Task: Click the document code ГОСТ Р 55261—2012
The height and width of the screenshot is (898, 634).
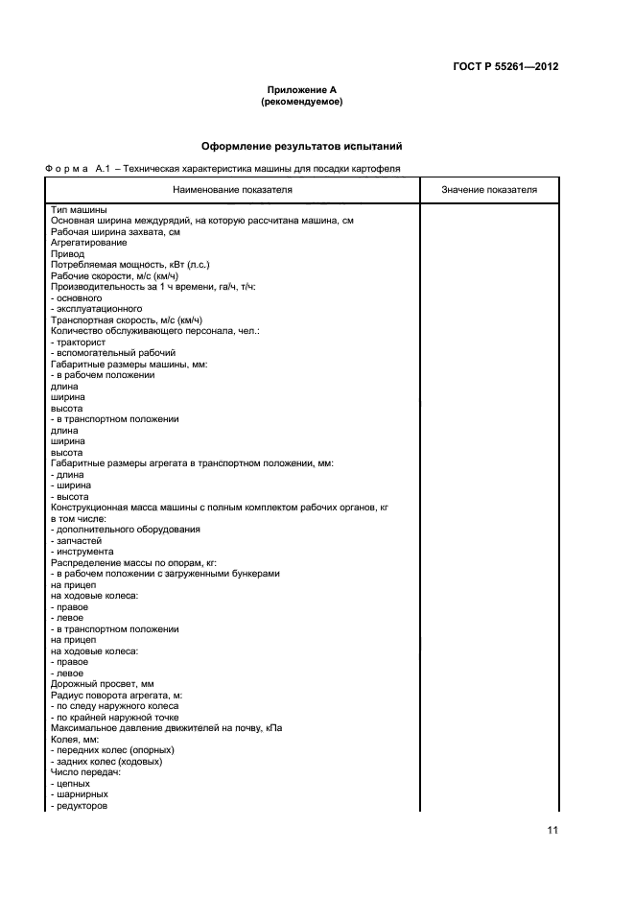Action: (x=505, y=67)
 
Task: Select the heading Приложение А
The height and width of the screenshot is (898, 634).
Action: (x=301, y=89)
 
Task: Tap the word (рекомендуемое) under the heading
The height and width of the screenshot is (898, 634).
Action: (x=301, y=101)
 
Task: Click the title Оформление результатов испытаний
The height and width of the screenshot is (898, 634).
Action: (x=301, y=147)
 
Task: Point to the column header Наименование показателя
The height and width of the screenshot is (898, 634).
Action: (x=233, y=190)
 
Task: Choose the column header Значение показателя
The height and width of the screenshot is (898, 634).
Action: (x=489, y=190)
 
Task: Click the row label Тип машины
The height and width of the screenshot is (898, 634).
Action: (x=78, y=210)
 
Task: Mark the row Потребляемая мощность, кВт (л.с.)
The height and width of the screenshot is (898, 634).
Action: (x=129, y=265)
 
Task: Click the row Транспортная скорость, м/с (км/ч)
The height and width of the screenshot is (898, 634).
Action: (x=126, y=320)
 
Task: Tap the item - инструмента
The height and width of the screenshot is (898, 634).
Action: (x=82, y=552)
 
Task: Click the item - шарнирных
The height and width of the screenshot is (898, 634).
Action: (x=79, y=794)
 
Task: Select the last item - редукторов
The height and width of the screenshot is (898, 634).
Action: (x=79, y=806)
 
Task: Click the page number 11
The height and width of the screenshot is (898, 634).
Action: (x=552, y=831)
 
